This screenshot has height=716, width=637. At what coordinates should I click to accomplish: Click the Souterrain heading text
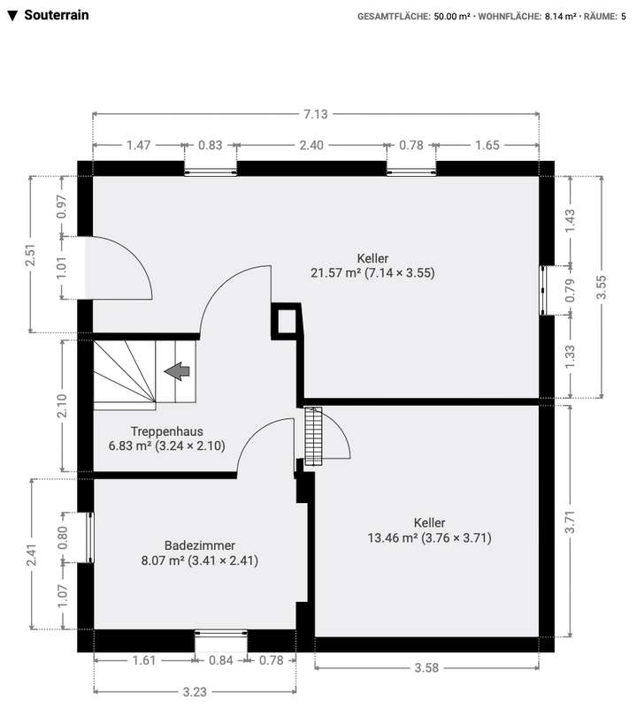tap(57, 15)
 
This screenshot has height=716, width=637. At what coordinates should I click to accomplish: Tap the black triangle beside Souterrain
tap(12, 16)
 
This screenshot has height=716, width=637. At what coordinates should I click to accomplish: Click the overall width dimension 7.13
tap(316, 113)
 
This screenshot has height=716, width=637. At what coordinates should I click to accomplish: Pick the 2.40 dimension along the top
tap(311, 145)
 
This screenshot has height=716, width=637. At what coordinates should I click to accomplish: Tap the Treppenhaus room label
tap(167, 431)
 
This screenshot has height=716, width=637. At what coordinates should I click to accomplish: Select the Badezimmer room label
tap(199, 545)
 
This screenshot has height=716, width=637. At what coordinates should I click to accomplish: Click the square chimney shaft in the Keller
tap(286, 320)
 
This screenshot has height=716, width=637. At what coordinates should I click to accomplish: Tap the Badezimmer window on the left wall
tap(88, 537)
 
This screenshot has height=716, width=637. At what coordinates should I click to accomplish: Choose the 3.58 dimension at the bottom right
tap(426, 667)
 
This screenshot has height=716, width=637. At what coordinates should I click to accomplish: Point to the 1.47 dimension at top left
tap(138, 145)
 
